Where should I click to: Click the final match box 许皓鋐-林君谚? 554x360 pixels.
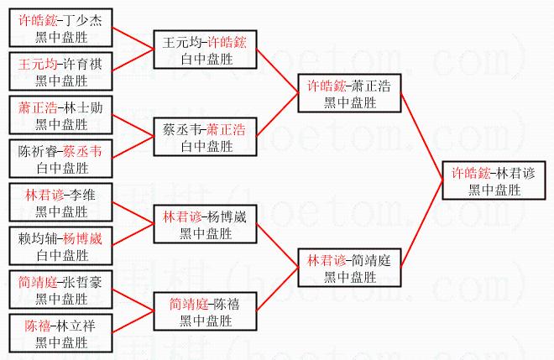(494, 182)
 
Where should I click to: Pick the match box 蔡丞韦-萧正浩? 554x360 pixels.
(204, 138)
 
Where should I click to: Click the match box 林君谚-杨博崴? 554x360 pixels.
(204, 225)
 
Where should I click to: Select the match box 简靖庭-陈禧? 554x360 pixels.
(204, 312)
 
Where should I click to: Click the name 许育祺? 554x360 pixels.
(81, 64)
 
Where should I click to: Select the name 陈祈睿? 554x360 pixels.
(39, 151)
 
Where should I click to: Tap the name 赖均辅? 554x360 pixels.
(39, 238)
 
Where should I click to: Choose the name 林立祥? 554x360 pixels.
(81, 326)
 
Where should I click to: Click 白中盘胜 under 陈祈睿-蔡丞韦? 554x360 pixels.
(61, 168)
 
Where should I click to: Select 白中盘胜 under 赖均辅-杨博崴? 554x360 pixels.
(61, 255)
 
